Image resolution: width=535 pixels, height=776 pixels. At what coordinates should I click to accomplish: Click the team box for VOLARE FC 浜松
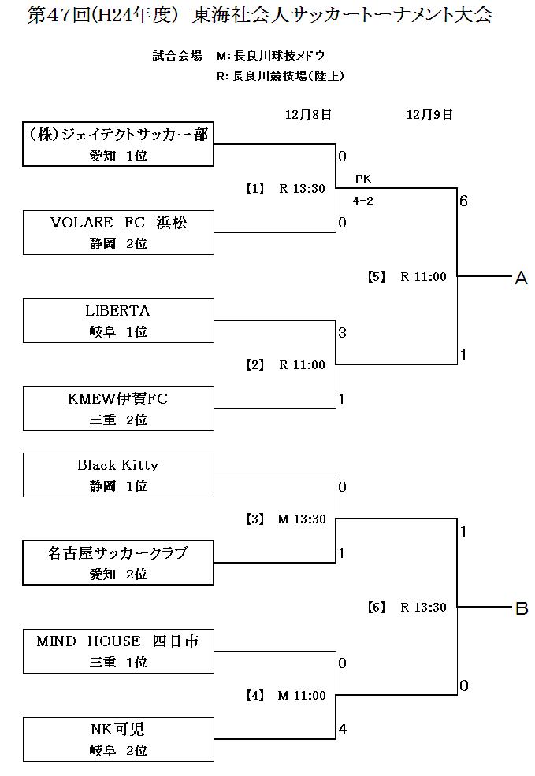point(118,232)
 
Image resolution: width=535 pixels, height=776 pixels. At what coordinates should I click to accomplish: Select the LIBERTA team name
point(118,311)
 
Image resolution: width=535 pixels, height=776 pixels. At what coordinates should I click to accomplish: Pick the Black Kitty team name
point(118,465)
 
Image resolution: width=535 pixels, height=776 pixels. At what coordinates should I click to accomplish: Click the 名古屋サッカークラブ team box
point(118,563)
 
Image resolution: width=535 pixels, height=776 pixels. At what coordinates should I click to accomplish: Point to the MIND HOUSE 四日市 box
point(118,651)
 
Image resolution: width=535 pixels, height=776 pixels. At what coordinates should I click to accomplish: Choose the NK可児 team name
point(118,730)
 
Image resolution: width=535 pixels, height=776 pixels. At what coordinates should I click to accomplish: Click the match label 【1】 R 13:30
point(284,189)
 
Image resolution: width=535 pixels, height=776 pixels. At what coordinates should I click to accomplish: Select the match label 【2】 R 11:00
point(284,365)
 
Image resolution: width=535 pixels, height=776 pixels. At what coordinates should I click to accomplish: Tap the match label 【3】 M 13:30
point(284,519)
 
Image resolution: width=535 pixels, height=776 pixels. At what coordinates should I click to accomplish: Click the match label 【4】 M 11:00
point(284,696)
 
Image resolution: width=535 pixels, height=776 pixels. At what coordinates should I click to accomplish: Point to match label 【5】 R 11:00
point(407,277)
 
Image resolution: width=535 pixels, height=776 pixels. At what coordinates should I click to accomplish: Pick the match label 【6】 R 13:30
point(407,608)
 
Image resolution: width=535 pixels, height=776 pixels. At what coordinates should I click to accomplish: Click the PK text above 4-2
point(362,179)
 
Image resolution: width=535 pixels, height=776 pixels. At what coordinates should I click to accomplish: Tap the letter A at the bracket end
point(520,278)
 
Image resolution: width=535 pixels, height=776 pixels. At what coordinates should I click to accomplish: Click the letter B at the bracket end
point(520,608)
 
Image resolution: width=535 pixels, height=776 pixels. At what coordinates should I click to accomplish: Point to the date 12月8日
point(308,115)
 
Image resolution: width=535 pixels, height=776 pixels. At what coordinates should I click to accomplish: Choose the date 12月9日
point(429,115)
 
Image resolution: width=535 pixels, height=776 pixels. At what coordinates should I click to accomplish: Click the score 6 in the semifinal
point(464,201)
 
